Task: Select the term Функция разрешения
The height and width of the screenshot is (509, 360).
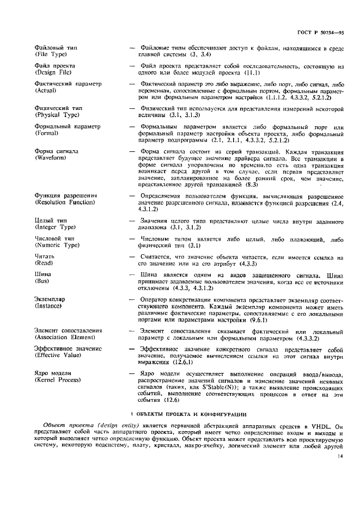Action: click(x=61, y=195)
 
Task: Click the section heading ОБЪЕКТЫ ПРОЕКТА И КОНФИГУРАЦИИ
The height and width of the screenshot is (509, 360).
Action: click(x=185, y=415)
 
